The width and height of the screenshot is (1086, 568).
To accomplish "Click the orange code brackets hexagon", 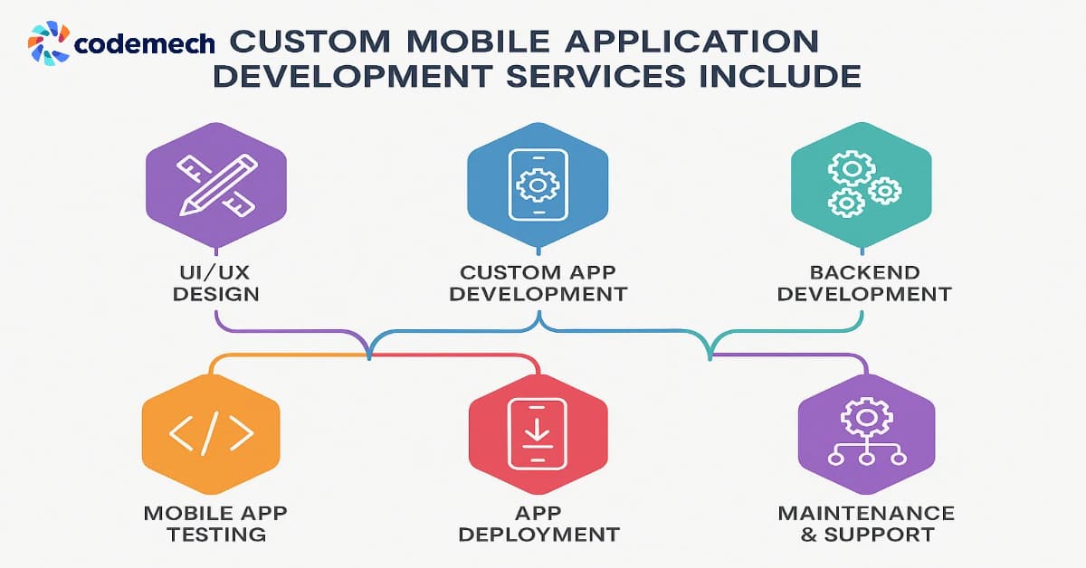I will (x=211, y=436).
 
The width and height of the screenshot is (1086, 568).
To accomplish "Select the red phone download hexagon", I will (x=538, y=436).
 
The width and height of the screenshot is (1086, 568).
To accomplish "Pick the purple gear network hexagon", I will (x=866, y=436).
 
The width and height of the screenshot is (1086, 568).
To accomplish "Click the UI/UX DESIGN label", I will (x=215, y=282).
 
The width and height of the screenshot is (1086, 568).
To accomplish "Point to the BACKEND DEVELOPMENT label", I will (x=864, y=282).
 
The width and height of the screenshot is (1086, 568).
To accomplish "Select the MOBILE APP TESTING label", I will (x=215, y=524).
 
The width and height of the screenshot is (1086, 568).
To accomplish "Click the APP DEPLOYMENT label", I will (x=539, y=524).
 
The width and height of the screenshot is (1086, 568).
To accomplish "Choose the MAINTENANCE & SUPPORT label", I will (x=867, y=524).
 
